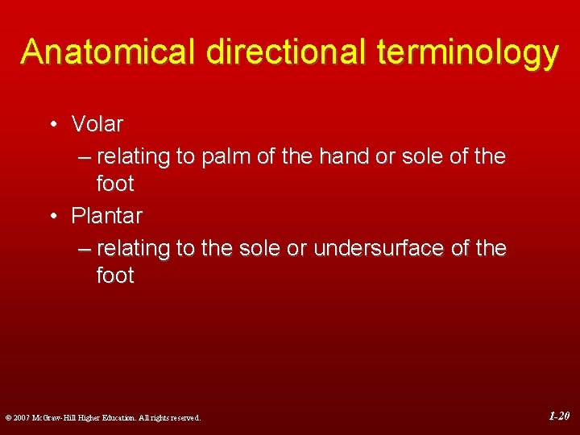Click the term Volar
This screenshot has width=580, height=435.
click(97, 124)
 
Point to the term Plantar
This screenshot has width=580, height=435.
click(106, 216)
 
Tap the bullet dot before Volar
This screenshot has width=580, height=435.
click(52, 125)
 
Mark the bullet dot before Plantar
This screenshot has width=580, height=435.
click(52, 216)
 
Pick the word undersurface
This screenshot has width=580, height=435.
click(379, 248)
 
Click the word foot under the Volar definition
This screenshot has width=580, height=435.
click(114, 184)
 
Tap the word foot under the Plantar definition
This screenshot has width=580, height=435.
click(114, 275)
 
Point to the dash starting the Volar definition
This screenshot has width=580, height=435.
click(85, 157)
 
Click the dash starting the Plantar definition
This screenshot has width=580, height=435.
click(85, 249)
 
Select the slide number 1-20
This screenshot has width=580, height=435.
click(559, 416)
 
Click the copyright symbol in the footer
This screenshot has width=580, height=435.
click(7, 418)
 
